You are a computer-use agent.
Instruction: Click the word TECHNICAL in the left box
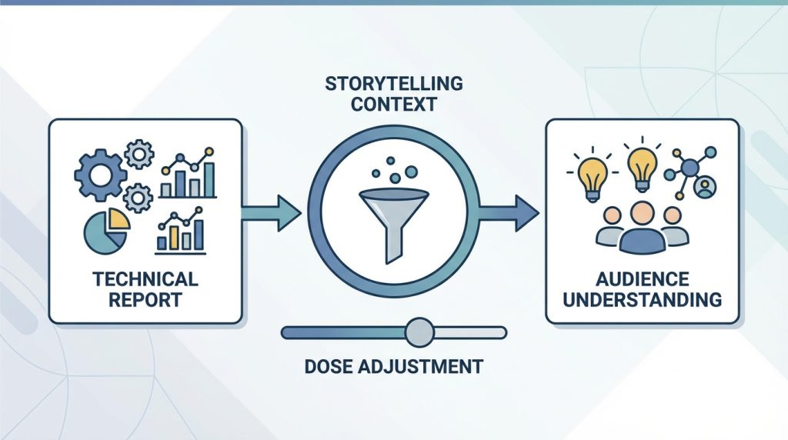145,278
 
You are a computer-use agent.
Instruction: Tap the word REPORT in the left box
145,300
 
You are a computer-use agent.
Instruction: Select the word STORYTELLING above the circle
394,83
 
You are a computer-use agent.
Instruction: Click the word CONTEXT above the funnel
394,105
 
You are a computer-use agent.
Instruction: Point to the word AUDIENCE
643,278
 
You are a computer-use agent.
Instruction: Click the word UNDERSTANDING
643,300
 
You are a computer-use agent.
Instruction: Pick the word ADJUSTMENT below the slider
421,366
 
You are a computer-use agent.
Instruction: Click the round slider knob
419,332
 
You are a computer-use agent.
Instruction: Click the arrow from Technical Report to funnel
272,213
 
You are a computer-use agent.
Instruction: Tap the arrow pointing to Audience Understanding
509,213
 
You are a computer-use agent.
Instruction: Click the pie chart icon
106,231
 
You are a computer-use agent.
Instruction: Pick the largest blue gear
101,175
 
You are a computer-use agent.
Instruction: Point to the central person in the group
643,228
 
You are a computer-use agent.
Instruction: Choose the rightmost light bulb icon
643,165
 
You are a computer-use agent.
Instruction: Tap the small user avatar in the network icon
705,187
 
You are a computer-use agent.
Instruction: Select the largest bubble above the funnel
411,172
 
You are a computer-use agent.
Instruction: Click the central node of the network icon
690,165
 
